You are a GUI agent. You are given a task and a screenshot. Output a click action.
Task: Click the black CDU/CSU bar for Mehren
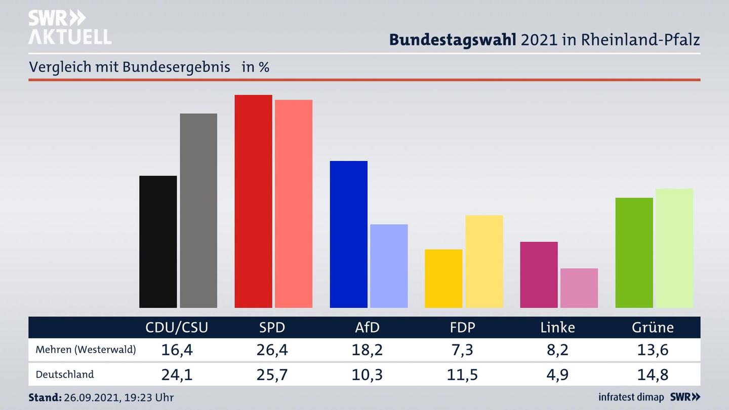tap(158, 241)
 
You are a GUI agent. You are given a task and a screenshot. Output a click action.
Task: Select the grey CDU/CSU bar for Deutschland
tap(198, 211)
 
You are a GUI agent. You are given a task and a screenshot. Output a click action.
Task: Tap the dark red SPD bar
tap(253, 201)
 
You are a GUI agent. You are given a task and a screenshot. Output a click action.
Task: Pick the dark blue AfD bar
tap(348, 234)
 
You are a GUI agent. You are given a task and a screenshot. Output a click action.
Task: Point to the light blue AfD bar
tap(389, 266)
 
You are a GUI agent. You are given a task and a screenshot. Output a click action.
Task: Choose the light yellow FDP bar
tap(484, 261)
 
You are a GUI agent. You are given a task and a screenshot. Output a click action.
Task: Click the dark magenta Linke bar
tap(539, 274)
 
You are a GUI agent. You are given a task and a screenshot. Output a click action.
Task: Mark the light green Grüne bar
tap(674, 248)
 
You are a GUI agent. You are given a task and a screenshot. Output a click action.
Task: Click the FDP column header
tap(462, 327)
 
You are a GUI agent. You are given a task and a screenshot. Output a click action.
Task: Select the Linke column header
tap(557, 327)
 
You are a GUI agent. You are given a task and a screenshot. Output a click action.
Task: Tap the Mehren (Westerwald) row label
tap(86, 349)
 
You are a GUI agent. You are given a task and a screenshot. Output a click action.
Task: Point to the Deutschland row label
tap(65, 375)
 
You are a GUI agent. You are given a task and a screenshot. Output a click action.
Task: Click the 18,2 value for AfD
tap(367, 350)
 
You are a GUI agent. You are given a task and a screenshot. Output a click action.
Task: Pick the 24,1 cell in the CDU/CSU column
tap(177, 375)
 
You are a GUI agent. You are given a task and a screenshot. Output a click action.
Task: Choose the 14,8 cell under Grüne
tap(653, 375)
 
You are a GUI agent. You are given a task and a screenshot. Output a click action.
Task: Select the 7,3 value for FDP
tap(462, 350)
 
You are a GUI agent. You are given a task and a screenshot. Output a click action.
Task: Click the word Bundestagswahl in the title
tap(453, 40)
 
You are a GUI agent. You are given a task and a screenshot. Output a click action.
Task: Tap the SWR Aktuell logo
tap(69, 27)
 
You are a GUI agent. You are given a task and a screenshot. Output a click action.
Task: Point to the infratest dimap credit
tap(631, 397)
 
